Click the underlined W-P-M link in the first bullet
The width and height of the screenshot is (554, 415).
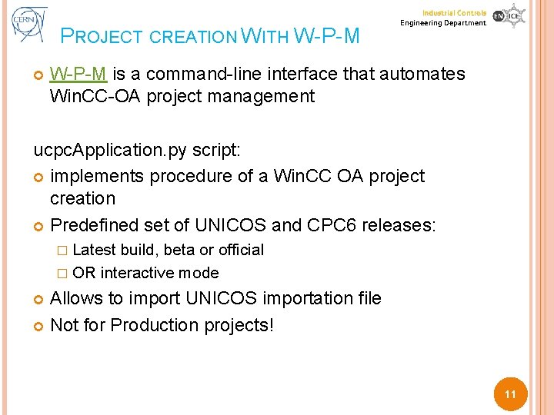[78, 74]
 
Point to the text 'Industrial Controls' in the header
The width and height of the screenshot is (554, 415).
[454, 13]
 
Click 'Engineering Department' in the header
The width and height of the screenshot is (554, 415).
[443, 23]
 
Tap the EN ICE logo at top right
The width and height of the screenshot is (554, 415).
[509, 16]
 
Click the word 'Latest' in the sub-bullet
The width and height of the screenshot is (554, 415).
[94, 250]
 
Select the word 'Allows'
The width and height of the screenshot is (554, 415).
[75, 298]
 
